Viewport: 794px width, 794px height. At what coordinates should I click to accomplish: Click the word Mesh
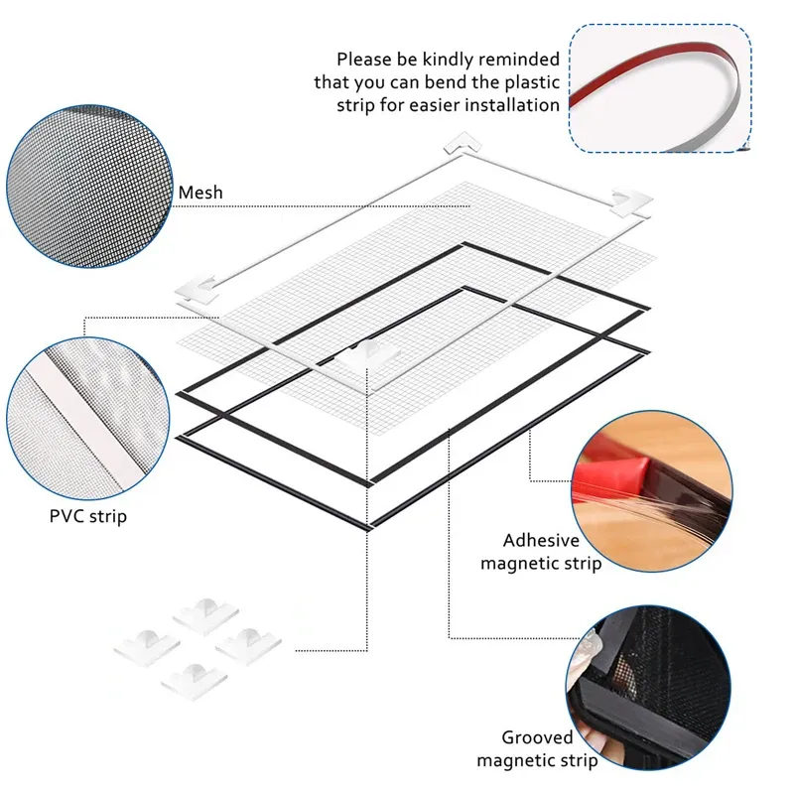[x=200, y=193]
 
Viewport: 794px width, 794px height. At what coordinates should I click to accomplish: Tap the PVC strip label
[x=88, y=516]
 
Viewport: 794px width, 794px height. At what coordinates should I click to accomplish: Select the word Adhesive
[x=541, y=540]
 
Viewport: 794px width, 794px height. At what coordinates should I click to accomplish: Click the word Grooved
[x=537, y=737]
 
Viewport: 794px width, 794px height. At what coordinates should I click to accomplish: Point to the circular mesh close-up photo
[x=89, y=187]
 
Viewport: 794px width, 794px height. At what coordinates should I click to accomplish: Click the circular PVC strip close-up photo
[x=87, y=418]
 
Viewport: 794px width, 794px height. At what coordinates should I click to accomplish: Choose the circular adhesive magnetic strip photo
[x=652, y=491]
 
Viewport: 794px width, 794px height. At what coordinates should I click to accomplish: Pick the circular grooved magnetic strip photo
[x=649, y=688]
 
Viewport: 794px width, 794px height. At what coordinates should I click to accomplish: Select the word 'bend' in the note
[x=446, y=82]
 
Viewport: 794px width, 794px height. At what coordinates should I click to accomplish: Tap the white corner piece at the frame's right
[x=631, y=202]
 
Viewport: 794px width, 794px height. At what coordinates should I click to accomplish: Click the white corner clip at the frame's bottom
[x=369, y=354]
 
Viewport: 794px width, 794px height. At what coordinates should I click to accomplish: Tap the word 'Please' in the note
[x=364, y=60]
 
